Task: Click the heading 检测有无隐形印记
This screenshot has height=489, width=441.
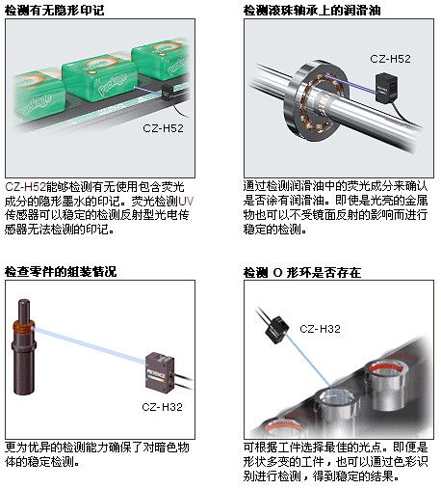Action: click(x=55, y=10)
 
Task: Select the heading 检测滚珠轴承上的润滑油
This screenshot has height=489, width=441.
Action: click(x=312, y=10)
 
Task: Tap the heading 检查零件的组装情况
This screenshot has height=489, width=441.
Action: click(x=61, y=272)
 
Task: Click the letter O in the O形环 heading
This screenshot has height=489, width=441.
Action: click(x=277, y=273)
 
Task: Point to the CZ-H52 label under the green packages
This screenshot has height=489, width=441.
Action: click(x=163, y=128)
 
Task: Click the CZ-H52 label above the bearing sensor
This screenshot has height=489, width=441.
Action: click(x=390, y=59)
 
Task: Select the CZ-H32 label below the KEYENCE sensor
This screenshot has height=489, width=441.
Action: click(x=162, y=407)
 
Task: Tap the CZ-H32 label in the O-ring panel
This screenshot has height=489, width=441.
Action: click(x=320, y=329)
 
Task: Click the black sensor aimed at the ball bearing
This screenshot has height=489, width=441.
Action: click(x=387, y=88)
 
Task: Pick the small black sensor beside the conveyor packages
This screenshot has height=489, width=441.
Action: click(x=168, y=93)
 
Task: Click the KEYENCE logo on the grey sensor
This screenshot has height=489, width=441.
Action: click(x=156, y=375)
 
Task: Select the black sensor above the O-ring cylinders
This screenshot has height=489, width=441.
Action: click(x=276, y=330)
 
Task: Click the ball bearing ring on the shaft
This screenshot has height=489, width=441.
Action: click(x=316, y=101)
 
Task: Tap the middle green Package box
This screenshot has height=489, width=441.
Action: click(x=100, y=79)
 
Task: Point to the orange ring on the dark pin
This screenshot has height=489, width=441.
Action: click(x=23, y=326)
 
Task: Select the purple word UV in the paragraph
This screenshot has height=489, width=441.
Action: click(x=186, y=202)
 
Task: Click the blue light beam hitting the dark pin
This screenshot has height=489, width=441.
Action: click(x=89, y=345)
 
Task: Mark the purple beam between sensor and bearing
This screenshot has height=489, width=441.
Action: click(x=350, y=84)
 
